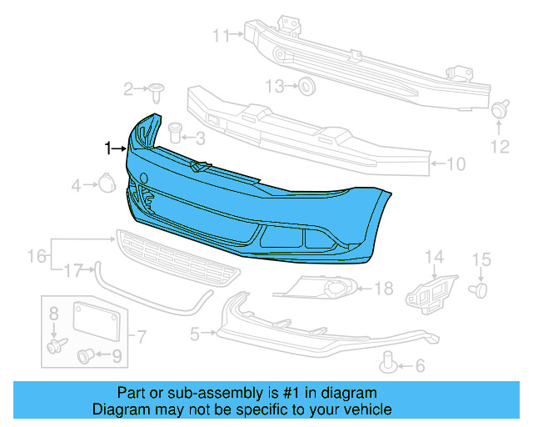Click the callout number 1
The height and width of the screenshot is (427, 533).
click(x=107, y=148)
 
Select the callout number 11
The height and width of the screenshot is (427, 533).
click(x=220, y=35)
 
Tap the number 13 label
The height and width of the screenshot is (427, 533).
click(x=275, y=85)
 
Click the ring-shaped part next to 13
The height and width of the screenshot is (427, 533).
click(x=306, y=85)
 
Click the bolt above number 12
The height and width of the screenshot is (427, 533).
click(x=500, y=109)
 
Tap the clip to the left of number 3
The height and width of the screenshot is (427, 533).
click(x=175, y=131)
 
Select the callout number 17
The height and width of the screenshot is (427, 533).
click(x=74, y=269)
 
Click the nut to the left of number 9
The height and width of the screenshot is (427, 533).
click(x=85, y=357)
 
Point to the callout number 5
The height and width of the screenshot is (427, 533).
click(x=195, y=334)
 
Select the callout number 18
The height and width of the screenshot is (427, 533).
click(x=383, y=289)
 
